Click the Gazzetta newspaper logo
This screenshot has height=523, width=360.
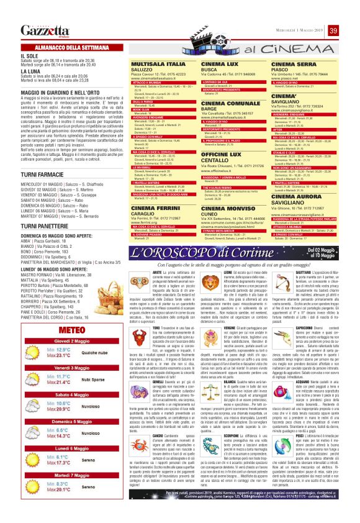click(44, 31)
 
